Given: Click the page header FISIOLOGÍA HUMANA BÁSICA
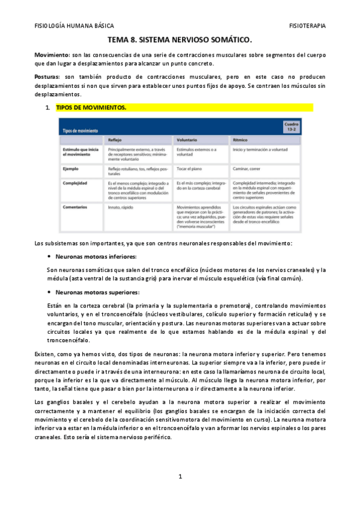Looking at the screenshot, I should pyautogui.click(x=74, y=26).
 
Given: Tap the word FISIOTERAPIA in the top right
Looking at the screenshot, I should pyautogui.click(x=307, y=26).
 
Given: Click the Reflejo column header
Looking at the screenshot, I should pyautogui.click(x=115, y=140).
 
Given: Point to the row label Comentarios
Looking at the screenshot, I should pyautogui.click(x=76, y=207).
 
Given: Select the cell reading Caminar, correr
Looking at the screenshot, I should pyautogui.click(x=250, y=169).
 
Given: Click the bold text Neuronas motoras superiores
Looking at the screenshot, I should pyautogui.click(x=97, y=292).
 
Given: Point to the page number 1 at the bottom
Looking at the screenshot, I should pyautogui.click(x=180, y=476).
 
